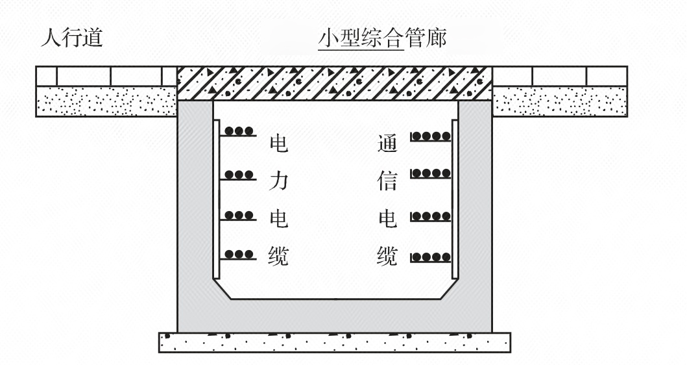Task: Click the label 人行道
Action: pos(71,38)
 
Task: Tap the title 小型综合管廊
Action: pos(381,39)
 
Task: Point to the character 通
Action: pos(387,143)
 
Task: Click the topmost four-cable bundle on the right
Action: pos(431,136)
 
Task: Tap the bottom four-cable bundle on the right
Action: pos(431,257)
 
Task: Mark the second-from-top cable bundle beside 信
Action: pos(431,173)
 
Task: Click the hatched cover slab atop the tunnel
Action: pos(334,83)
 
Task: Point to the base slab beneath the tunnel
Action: pos(334,342)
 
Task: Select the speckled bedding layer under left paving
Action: pos(106,101)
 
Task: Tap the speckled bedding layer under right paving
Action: pos(559,101)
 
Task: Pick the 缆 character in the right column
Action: pos(387,257)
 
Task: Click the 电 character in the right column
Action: pos(387,219)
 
